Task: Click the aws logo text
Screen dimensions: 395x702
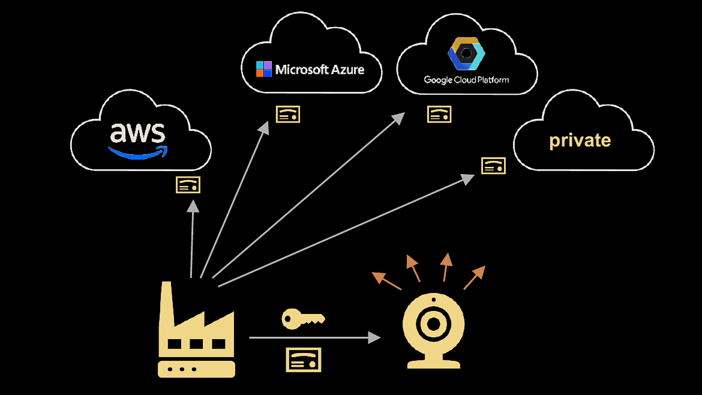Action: coord(137,133)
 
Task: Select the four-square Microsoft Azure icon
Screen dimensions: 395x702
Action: coord(264,69)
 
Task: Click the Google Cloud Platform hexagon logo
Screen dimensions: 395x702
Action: coord(466,55)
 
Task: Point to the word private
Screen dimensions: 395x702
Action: coord(580,140)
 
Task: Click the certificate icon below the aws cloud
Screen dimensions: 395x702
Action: coord(188,185)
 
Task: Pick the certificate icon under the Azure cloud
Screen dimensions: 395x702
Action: coord(288,114)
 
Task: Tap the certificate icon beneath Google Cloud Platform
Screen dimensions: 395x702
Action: coord(439,114)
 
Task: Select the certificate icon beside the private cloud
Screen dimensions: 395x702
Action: coord(493,166)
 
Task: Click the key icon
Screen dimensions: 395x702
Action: coord(302,319)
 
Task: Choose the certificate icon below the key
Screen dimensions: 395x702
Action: coord(303,360)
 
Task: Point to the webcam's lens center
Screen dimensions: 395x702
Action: coord(432,325)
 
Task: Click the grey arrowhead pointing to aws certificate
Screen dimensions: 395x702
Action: coord(193,207)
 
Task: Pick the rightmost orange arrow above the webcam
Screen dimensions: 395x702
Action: coord(474,277)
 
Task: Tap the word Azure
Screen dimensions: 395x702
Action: coord(344,70)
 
